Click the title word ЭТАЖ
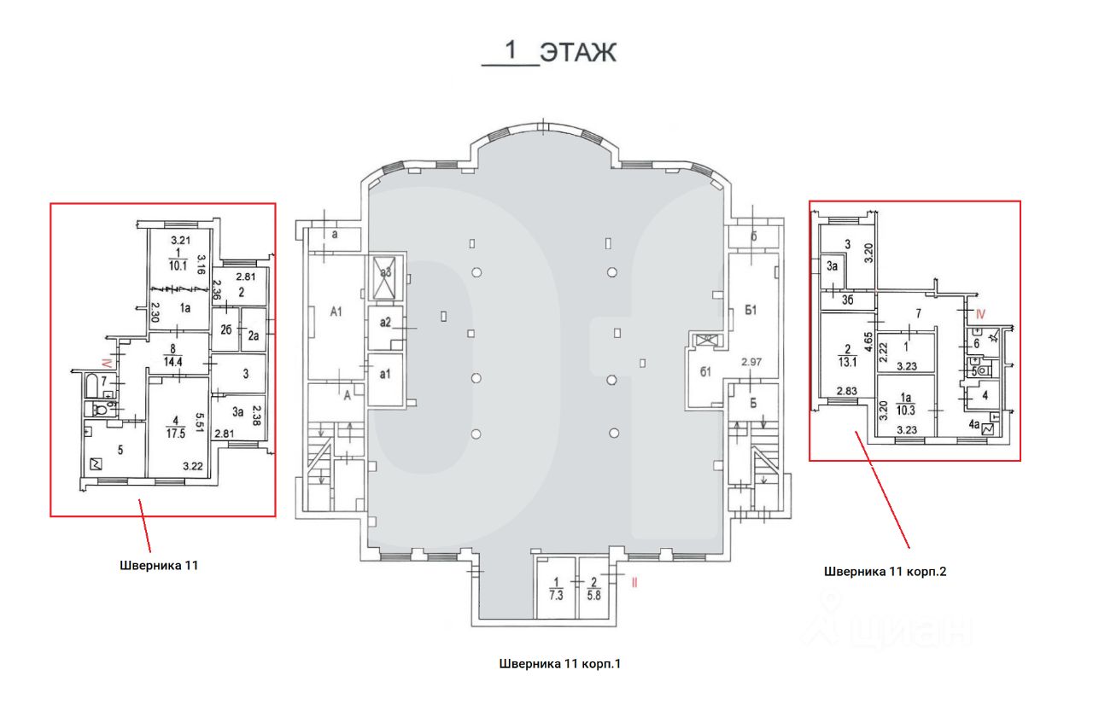[577, 53]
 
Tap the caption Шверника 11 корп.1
[559, 662]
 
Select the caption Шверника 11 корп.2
[885, 572]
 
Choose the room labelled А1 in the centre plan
[336, 312]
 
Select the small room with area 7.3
[556, 589]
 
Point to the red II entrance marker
[634, 584]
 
